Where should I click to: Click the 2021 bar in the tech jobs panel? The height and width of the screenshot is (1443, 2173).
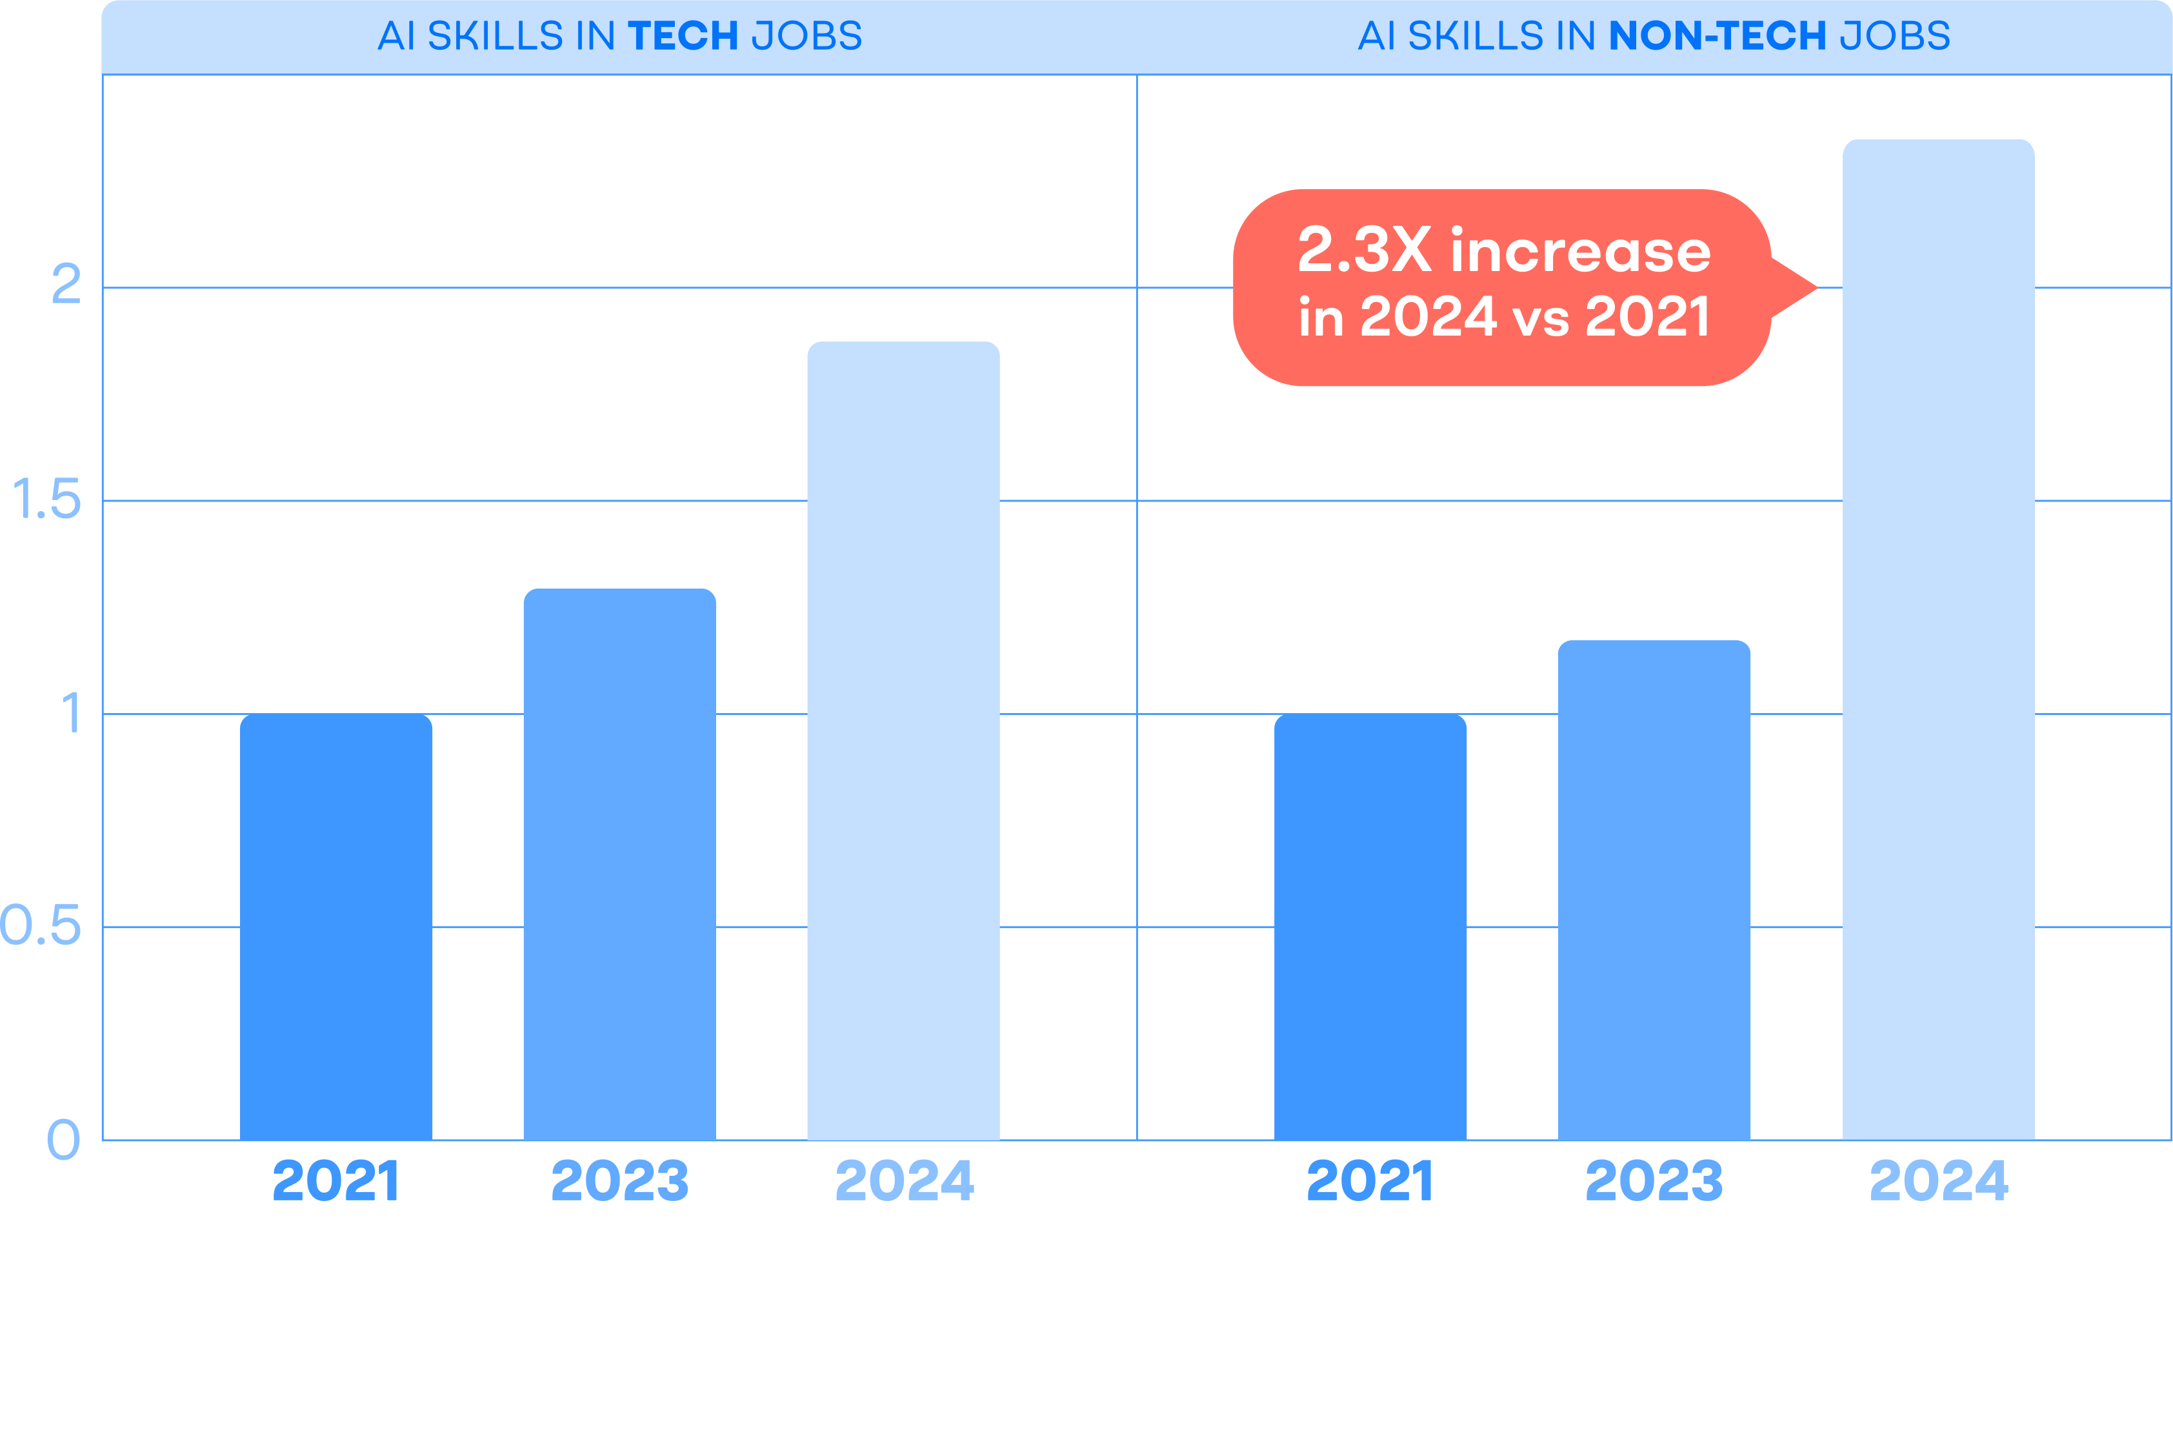(x=335, y=927)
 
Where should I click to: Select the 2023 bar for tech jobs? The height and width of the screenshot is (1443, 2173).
(x=619, y=864)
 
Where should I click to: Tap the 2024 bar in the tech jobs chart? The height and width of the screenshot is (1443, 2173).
(x=903, y=741)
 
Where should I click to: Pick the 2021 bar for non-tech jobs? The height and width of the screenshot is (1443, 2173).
(x=1370, y=927)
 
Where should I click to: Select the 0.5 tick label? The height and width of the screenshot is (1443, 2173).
(x=41, y=926)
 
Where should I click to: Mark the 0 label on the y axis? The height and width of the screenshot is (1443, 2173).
(x=63, y=1140)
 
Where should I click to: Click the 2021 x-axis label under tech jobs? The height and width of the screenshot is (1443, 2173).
(x=335, y=1182)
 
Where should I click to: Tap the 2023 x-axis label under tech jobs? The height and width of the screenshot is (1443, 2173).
(x=619, y=1182)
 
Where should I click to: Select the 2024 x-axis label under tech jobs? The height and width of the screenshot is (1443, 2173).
(x=903, y=1182)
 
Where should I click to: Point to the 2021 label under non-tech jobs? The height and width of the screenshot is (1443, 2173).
(x=1370, y=1182)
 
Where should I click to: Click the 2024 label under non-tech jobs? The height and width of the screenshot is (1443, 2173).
(x=1938, y=1182)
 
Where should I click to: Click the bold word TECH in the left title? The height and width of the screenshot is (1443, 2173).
(x=683, y=37)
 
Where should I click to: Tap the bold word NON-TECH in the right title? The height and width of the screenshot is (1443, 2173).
(x=1717, y=37)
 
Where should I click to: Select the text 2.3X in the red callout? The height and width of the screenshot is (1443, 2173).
(x=1363, y=250)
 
